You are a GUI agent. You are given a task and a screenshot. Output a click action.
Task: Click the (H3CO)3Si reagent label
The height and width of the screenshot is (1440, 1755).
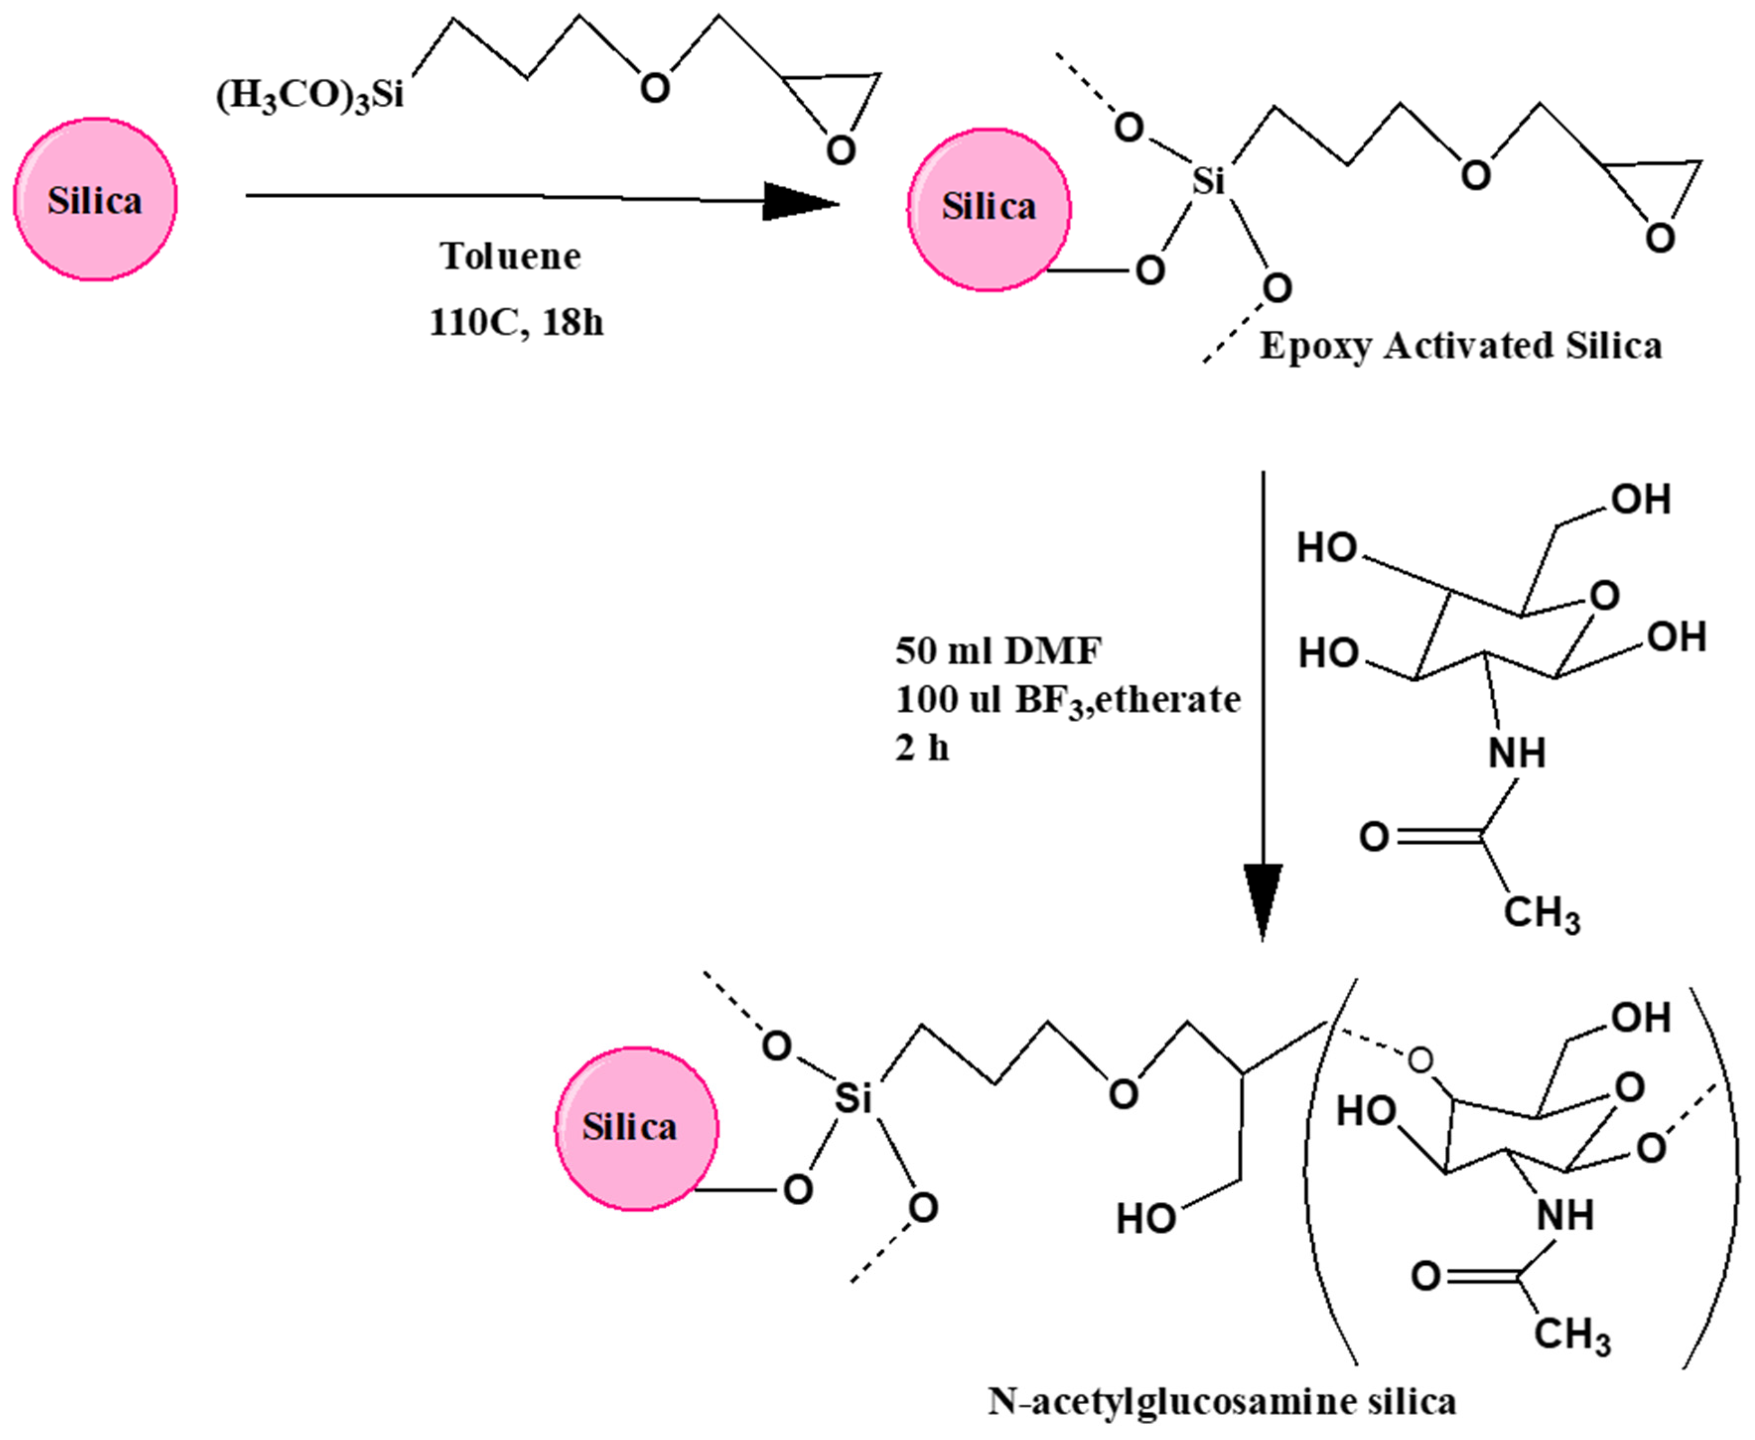309,95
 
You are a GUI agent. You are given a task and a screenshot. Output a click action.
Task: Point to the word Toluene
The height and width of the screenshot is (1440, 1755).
510,256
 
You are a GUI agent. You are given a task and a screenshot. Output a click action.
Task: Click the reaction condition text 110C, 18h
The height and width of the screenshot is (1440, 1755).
516,322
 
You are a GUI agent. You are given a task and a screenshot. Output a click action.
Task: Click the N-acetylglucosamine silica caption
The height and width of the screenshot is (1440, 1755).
1222,1401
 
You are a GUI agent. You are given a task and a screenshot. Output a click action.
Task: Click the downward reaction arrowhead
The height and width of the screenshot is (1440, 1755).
1263,900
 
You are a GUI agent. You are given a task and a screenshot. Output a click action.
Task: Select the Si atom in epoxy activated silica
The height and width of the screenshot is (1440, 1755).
1207,181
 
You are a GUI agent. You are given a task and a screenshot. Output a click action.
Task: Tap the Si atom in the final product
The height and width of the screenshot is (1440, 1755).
852,1098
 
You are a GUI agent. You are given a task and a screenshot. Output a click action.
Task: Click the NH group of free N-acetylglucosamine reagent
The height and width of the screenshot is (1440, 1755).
1517,753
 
